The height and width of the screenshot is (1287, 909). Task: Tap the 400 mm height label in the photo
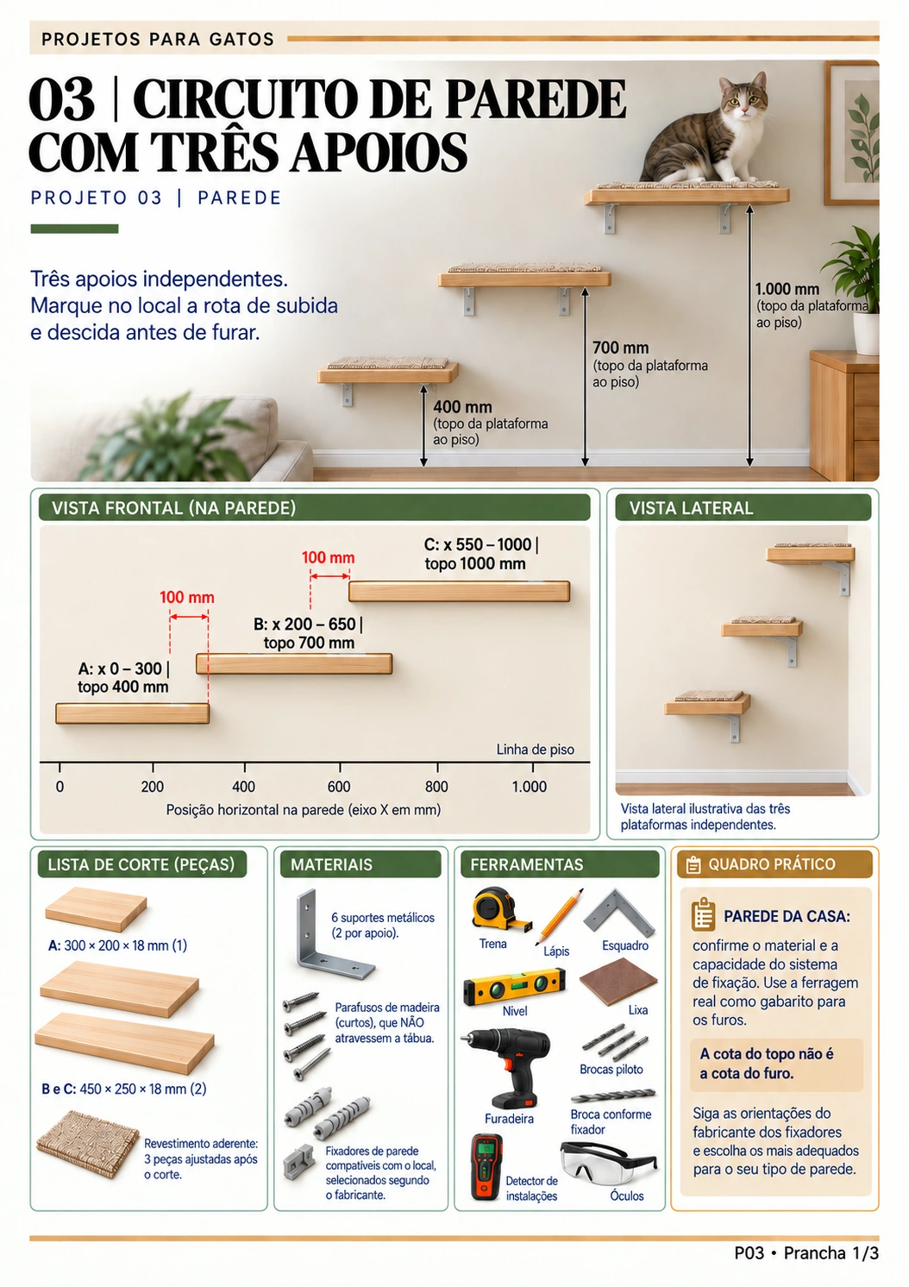[462, 407]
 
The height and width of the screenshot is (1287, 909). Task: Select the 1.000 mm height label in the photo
[787, 289]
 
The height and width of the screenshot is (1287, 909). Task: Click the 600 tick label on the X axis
[338, 786]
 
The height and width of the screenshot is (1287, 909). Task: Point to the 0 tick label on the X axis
[60, 786]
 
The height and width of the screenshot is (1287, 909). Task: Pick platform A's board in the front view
[132, 713]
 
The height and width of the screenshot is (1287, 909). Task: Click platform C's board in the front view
[459, 591]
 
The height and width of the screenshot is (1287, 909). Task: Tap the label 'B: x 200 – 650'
[304, 624]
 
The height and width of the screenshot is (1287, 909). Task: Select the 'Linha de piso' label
[535, 750]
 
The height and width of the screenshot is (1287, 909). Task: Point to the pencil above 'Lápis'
[559, 916]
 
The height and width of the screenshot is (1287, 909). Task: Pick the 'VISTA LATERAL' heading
[691, 508]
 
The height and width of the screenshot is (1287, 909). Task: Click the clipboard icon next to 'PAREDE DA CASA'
[703, 914]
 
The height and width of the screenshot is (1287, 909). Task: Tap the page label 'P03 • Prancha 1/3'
[806, 1252]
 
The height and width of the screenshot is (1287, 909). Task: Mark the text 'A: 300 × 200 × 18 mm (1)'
[118, 945]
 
